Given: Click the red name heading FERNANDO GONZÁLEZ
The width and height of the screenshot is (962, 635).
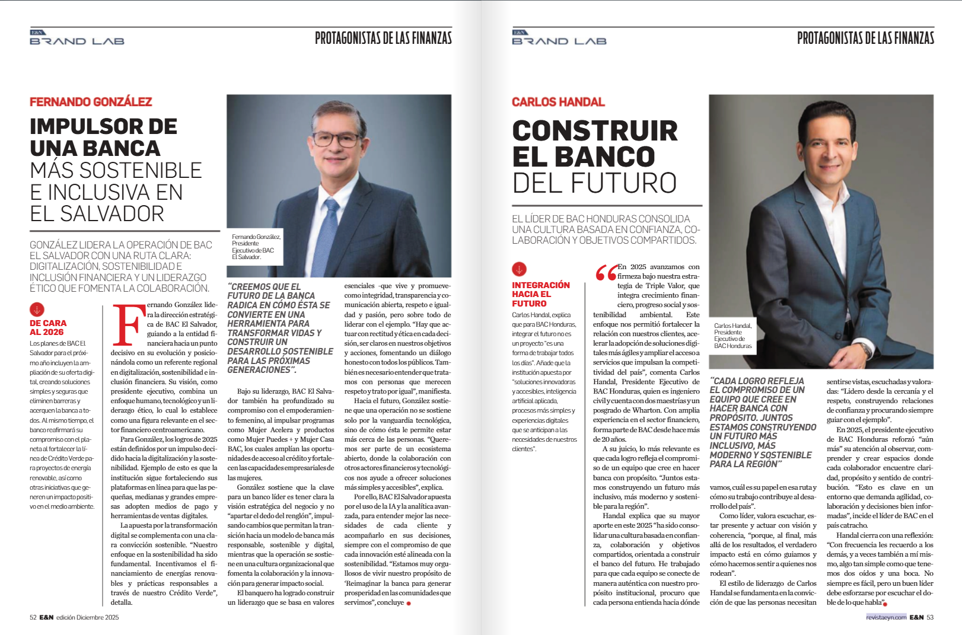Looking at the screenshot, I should click(91, 102).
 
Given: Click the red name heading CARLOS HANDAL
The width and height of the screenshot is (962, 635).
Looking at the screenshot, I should click(558, 102).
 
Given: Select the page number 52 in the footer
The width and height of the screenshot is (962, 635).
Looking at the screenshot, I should click(33, 617).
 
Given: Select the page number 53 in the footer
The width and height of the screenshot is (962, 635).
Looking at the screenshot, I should click(930, 617).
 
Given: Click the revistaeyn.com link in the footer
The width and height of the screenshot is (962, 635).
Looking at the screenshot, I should click(886, 617).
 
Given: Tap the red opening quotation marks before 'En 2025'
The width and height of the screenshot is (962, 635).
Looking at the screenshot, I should click(606, 273).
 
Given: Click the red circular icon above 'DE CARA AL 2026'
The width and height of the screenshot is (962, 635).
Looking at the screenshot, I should click(37, 309).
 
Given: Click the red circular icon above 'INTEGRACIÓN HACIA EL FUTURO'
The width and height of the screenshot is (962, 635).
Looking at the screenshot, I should click(519, 270).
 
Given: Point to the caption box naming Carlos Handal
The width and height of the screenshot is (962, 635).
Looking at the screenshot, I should click(733, 336).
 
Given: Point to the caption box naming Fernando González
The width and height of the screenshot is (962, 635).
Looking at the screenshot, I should click(256, 247).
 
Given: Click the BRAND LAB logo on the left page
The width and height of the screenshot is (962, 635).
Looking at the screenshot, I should click(77, 39).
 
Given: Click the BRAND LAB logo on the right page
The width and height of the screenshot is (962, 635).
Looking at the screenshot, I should click(559, 39).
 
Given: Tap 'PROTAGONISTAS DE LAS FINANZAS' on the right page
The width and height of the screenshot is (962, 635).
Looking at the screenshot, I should click(865, 39).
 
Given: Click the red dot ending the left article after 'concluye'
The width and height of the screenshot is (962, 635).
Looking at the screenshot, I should click(409, 603).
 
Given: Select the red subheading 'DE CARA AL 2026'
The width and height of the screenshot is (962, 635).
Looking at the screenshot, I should click(48, 327).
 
